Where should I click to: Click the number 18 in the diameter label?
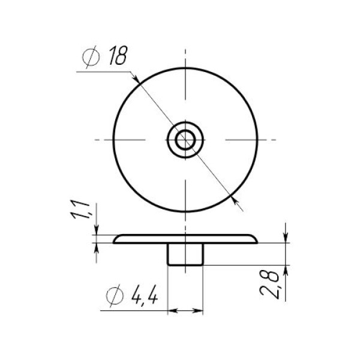coord(118,55)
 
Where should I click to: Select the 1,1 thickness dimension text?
coord(81,209)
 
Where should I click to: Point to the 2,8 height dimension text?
coord(269,284)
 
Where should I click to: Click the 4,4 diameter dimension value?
coord(145,295)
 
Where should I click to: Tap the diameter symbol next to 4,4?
coord(115,296)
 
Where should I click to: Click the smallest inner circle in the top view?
coord(185,140)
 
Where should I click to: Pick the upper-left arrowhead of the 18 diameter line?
coord(136,79)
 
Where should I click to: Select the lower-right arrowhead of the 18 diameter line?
coord(235,200)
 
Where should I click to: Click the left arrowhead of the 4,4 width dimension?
coord(173,311)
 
